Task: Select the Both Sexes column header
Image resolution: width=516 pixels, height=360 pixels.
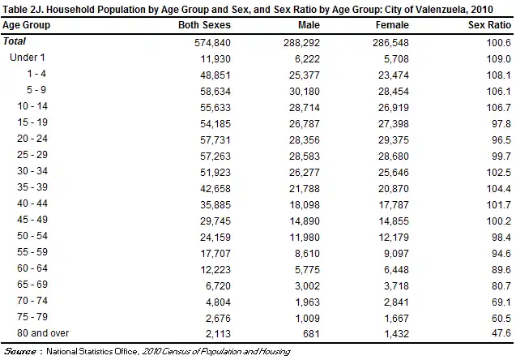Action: point(205,25)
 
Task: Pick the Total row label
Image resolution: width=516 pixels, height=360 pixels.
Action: point(14,41)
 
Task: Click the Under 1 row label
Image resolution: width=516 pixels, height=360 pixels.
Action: point(28,58)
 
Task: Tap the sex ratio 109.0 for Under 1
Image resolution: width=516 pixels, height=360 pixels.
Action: point(498,58)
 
